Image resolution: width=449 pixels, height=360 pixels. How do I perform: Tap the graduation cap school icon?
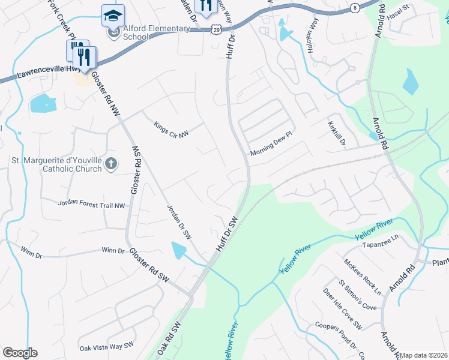pos(113,16)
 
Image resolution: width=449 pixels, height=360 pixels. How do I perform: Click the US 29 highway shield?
pos(215,29)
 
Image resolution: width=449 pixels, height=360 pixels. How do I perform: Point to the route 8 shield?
pos(355,8)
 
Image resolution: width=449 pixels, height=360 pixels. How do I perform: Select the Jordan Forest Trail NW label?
pos(91,205)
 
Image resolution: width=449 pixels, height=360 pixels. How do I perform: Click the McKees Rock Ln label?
pos(363,276)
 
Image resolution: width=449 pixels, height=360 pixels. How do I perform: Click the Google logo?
pos(20,353)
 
